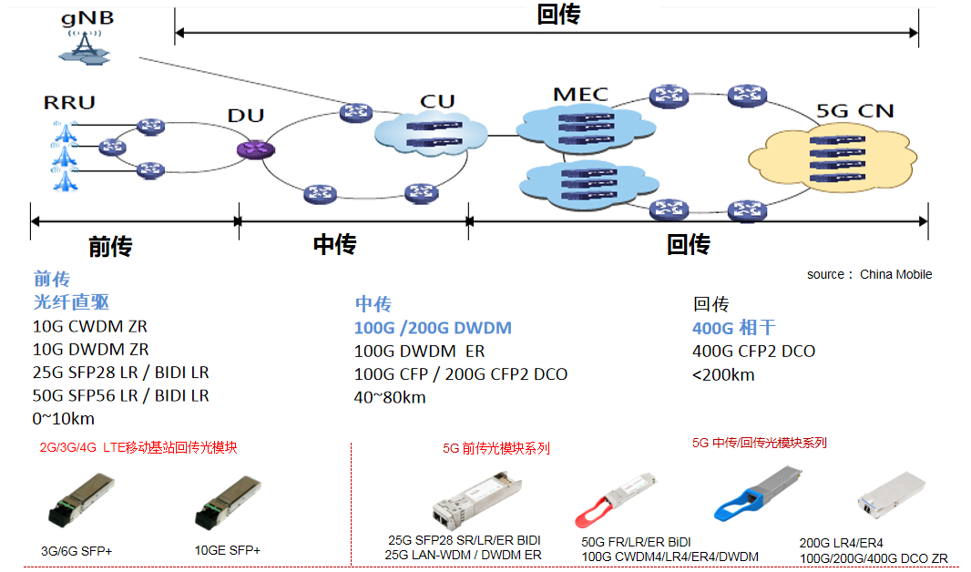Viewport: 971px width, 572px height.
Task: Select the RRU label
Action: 68,101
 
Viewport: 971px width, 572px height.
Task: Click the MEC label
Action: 579,94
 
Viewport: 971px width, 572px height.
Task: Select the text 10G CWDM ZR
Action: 90,326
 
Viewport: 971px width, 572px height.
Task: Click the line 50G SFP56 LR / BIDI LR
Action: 121,395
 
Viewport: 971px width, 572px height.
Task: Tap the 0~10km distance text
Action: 64,419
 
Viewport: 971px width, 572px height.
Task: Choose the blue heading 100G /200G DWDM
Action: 433,328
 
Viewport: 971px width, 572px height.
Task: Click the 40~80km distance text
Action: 390,397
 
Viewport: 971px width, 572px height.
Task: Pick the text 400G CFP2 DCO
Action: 753,351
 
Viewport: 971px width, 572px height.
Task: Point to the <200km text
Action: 723,374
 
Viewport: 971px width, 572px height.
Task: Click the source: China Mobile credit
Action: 869,274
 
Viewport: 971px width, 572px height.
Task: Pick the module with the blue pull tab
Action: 759,493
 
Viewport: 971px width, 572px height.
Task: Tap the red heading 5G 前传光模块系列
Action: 496,448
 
